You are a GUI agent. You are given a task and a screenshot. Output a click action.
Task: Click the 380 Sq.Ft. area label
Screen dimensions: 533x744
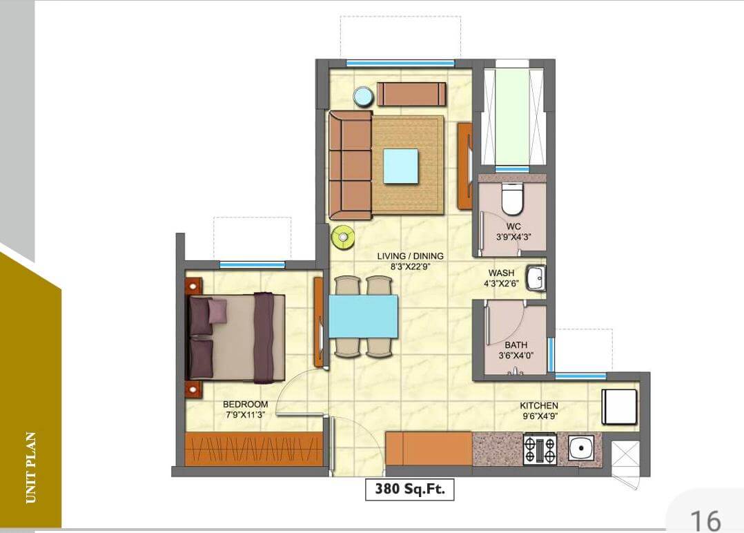[x=409, y=490]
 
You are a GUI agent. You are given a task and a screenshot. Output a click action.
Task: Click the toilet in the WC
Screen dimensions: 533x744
[x=512, y=200]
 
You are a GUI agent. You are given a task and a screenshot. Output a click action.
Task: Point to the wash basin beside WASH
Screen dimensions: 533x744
[x=535, y=278]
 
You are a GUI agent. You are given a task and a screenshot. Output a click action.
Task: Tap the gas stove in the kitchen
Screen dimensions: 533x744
[x=539, y=449]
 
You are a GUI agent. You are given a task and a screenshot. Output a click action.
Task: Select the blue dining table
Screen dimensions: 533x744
[x=363, y=316]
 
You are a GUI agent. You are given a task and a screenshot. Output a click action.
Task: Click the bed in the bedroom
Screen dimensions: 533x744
[x=236, y=337]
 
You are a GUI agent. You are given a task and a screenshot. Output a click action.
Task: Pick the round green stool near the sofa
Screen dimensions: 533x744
[x=342, y=237]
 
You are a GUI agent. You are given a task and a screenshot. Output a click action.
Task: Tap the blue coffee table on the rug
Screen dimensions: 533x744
[x=401, y=166]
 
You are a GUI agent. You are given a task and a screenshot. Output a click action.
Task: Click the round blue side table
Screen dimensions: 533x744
[x=363, y=97]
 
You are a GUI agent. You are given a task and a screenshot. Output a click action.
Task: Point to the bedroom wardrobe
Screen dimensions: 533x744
[x=254, y=449]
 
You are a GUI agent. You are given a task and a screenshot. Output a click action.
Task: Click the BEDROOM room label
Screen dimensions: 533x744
[x=245, y=404]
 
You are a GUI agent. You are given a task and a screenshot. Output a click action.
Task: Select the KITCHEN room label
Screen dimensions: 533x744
[x=539, y=405]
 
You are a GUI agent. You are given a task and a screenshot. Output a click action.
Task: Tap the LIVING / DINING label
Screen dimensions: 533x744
[x=410, y=256]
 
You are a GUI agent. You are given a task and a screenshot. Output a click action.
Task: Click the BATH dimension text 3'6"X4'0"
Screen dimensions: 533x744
[x=516, y=356]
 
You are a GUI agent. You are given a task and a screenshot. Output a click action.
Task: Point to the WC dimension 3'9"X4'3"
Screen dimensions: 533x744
[x=513, y=237]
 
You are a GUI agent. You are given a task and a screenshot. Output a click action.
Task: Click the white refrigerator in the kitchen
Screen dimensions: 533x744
[x=618, y=407]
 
